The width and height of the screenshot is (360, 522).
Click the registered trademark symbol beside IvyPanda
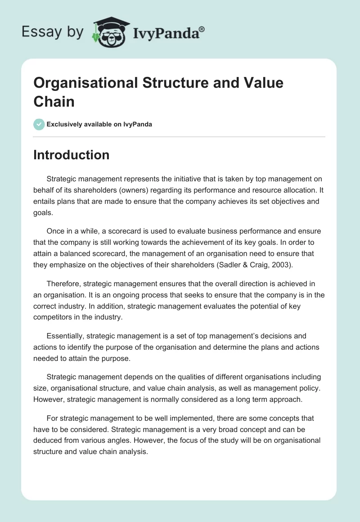pos(202,30)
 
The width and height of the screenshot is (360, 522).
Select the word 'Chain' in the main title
pos(54,101)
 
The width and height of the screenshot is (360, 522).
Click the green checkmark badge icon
pos(39,124)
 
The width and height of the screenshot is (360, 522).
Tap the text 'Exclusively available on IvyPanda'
pos(99,124)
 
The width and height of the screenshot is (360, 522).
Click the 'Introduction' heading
pos(71,155)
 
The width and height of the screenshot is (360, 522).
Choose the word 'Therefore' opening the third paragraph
pos(63,284)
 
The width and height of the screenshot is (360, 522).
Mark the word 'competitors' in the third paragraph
pos(54,317)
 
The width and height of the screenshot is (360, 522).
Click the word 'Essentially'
pos(64,336)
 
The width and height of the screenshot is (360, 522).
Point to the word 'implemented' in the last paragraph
pos(167,418)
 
